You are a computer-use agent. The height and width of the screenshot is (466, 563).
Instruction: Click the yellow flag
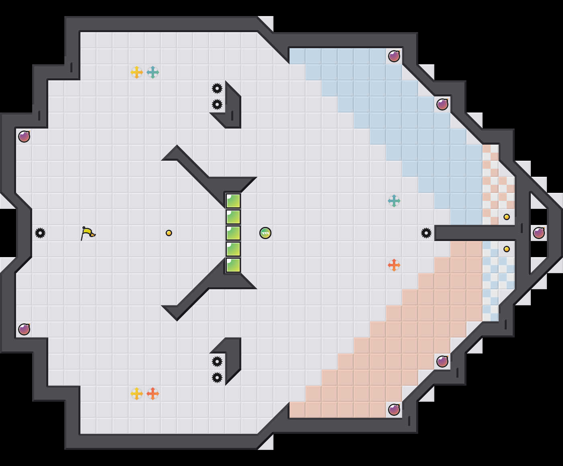coord(87,233)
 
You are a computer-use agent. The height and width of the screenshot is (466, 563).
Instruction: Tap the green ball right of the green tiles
coord(265,233)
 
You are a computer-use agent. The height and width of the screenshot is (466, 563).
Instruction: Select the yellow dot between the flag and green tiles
coord(169,233)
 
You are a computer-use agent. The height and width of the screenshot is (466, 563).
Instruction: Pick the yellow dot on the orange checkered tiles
coord(507,217)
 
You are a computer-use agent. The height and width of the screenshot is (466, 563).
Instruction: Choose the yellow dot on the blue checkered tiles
coord(507,249)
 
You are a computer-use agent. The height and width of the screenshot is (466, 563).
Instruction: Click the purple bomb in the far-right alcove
coord(539,233)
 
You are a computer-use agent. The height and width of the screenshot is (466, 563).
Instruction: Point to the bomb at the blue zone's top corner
coord(394,56)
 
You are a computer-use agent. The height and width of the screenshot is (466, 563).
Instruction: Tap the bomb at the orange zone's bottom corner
coord(394,410)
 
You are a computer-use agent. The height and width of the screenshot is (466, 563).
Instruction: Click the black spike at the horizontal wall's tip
coord(426,233)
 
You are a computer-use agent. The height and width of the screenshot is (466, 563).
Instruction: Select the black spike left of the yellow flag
coord(40,233)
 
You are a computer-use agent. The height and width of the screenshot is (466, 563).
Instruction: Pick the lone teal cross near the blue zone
coord(394,201)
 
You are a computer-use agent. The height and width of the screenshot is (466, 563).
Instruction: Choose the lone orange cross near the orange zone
coord(394,265)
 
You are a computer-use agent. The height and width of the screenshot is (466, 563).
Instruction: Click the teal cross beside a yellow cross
coord(153,72)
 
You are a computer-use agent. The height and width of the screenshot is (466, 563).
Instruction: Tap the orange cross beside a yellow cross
coord(153,394)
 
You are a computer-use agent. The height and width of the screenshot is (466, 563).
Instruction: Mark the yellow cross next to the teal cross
coord(137,72)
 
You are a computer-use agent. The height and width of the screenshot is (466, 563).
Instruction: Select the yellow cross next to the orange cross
coord(137,394)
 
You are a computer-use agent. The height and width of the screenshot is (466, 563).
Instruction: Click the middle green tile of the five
coord(233,233)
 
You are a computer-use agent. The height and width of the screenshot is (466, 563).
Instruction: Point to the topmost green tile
coord(233,201)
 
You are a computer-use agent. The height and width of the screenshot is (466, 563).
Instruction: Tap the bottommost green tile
coord(233,265)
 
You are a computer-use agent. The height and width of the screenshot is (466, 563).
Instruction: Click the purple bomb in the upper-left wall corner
coord(24,137)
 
